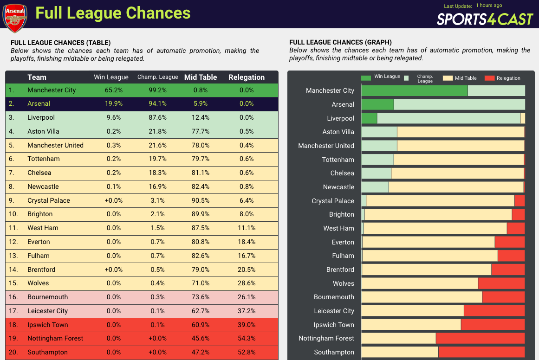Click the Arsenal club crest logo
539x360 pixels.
(x=15, y=18)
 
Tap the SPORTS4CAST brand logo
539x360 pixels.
(x=485, y=19)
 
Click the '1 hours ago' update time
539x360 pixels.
(x=489, y=6)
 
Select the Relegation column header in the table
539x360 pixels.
(x=247, y=77)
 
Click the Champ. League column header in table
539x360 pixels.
(x=157, y=77)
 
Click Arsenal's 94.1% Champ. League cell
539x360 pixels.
(x=157, y=103)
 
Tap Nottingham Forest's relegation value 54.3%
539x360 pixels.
(x=247, y=338)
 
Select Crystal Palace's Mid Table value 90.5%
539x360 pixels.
(x=201, y=200)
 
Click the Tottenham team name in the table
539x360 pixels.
(x=44, y=159)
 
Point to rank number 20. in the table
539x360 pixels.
(x=13, y=352)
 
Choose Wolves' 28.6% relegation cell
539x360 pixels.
(x=247, y=283)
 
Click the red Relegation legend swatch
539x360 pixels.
(x=489, y=78)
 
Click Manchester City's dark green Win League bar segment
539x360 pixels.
(x=414, y=90)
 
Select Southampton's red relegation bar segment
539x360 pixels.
(x=481, y=352)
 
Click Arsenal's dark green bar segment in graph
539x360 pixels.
(x=377, y=104)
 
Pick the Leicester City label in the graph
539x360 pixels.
(x=334, y=311)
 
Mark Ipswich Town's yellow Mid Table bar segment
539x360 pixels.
(x=411, y=325)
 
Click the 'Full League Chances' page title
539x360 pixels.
(x=113, y=13)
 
